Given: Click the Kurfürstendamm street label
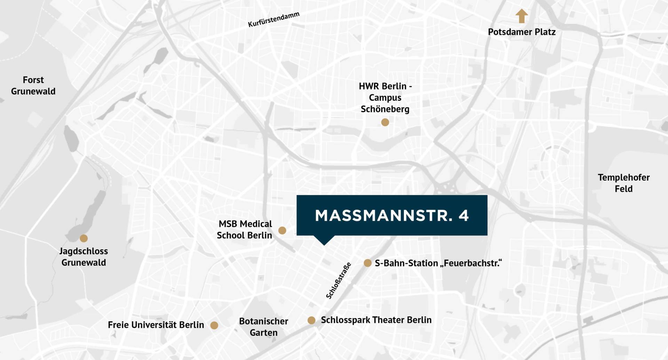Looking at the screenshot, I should point(273,19).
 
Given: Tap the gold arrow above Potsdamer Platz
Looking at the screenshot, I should point(522,16).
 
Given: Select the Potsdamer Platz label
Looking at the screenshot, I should point(522,32).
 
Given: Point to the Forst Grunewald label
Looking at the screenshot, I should point(33,86).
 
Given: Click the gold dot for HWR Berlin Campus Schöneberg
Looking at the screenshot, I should point(385,122).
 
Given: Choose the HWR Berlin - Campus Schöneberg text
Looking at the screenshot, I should point(385,97).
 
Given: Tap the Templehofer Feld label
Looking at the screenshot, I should point(623,183).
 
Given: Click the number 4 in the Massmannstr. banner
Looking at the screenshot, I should point(464,216).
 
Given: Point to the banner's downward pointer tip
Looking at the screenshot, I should point(324,244).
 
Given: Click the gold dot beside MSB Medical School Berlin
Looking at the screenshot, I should point(282,230).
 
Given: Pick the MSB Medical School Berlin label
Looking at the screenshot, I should point(245,229).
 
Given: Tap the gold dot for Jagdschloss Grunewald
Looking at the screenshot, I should point(83,238).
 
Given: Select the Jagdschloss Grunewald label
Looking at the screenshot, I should point(83,257).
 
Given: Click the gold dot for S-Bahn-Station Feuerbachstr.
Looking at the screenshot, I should point(367,263).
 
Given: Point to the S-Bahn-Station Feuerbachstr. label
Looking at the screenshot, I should point(438,263).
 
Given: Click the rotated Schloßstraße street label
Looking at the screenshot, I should point(338,281).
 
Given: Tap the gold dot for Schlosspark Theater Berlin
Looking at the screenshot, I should point(311,320).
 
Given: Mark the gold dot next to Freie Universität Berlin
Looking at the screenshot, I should point(214,325).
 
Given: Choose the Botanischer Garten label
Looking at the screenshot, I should point(263,327).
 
